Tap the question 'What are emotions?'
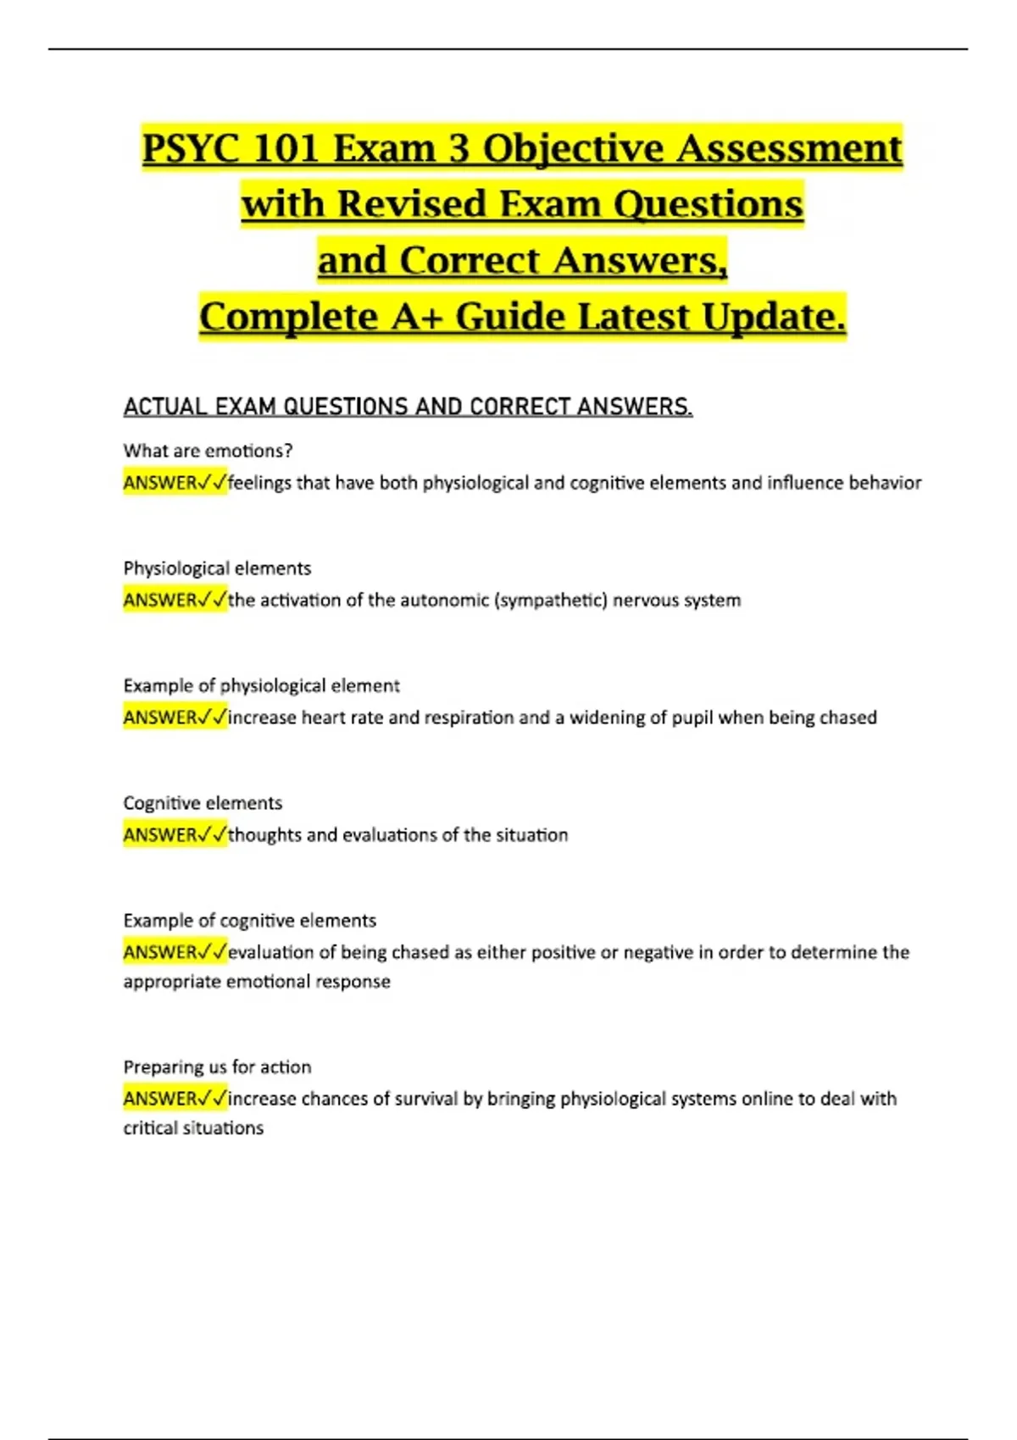(208, 451)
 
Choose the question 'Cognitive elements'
(203, 803)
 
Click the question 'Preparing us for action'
(217, 1067)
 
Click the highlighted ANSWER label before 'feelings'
(161, 483)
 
